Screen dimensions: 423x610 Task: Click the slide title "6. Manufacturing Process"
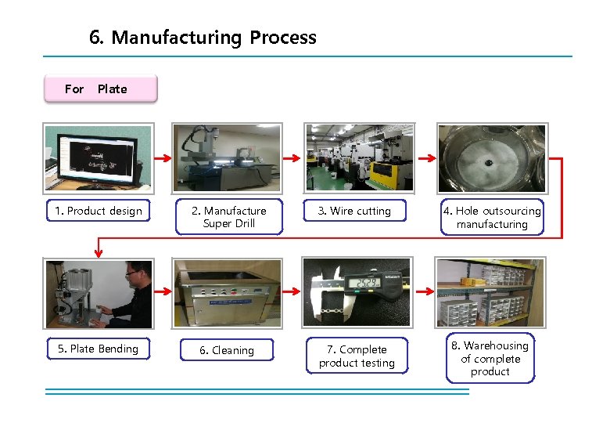pos(203,38)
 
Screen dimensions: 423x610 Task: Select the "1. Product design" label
pos(99,211)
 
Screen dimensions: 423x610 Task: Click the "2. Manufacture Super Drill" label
pos(228,217)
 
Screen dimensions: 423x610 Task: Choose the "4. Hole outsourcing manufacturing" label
pos(492,217)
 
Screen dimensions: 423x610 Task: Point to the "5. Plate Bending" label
pos(98,349)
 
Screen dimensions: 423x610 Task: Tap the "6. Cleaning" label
pos(227,350)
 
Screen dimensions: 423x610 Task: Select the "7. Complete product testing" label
pos(357,356)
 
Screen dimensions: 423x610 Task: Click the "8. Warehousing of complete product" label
pos(490,359)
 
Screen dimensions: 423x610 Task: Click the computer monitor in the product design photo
pos(97,156)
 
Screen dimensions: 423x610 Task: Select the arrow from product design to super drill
pos(163,158)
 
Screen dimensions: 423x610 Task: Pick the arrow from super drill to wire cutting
pos(291,158)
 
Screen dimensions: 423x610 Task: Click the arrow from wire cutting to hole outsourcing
pos(422,158)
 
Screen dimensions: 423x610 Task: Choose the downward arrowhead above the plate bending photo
pos(98,252)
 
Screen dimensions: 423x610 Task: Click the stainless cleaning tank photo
pos(228,293)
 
